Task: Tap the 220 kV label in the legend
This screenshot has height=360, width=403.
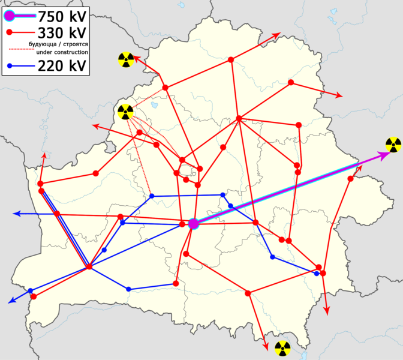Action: coord(59,65)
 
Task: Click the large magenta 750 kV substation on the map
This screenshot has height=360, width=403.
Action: coord(193,224)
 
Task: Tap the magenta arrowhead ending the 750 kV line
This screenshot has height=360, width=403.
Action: coord(384,156)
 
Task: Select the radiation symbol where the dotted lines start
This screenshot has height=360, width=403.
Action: coord(125,112)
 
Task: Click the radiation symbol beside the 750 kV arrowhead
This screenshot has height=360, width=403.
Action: coord(393,144)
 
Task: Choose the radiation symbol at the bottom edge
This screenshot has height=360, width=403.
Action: coord(281,348)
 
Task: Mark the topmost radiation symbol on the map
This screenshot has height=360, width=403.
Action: coord(126,59)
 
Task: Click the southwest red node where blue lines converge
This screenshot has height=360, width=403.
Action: coord(89,266)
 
